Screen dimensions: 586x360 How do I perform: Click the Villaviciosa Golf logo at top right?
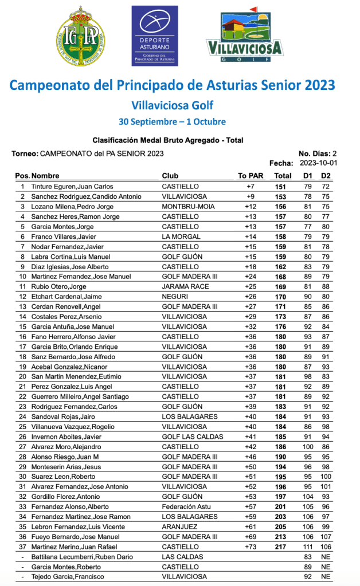click(x=245, y=36)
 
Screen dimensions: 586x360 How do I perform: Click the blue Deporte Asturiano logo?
click(x=155, y=36)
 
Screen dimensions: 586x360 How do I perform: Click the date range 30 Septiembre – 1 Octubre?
click(x=172, y=121)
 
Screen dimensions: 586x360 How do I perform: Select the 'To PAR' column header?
click(x=251, y=176)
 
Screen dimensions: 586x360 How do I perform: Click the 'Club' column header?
click(x=170, y=176)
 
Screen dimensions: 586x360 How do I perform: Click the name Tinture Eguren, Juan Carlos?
click(x=72, y=186)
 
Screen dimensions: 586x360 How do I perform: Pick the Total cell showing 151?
click(x=280, y=186)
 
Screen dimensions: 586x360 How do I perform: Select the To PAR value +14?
click(x=250, y=237)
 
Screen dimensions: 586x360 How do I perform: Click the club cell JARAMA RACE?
click(x=182, y=286)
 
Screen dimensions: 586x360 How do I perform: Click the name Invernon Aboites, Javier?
click(x=66, y=437)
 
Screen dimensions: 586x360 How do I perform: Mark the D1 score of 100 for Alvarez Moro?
click(x=308, y=447)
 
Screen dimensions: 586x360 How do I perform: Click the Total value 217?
click(x=280, y=547)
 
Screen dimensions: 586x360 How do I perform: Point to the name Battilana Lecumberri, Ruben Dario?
click(x=81, y=557)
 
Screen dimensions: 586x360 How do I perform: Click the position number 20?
click(x=23, y=377)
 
